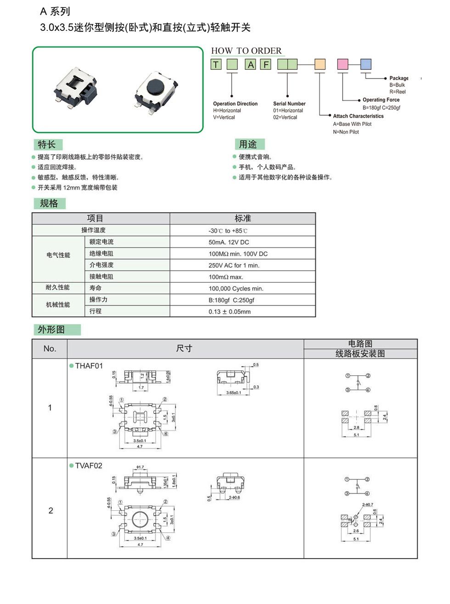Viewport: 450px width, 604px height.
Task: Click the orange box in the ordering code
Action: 320,64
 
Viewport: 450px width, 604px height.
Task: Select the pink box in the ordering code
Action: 343,64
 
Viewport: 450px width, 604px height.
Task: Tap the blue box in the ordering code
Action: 366,64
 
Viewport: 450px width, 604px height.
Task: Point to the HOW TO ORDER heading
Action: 246,51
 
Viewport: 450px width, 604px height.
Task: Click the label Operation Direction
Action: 235,104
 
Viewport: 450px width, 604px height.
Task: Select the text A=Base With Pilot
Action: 352,124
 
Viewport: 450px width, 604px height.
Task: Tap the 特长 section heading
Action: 47,145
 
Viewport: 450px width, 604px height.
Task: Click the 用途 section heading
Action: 248,145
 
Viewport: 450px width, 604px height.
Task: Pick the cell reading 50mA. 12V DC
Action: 229,242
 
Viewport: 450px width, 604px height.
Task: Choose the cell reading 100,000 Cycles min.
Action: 236,288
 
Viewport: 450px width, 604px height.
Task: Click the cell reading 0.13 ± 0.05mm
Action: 230,311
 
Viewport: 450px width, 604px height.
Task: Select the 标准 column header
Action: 242,219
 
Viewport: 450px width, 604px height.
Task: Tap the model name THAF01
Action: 89,366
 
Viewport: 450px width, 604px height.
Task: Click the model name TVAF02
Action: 89,465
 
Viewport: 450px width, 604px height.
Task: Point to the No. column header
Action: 50,349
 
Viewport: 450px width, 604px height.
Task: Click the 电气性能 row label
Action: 58,255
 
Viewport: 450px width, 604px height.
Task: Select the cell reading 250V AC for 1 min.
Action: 234,265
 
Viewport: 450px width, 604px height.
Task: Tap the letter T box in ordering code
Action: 216,64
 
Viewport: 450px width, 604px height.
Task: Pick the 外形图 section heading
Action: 51,330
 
